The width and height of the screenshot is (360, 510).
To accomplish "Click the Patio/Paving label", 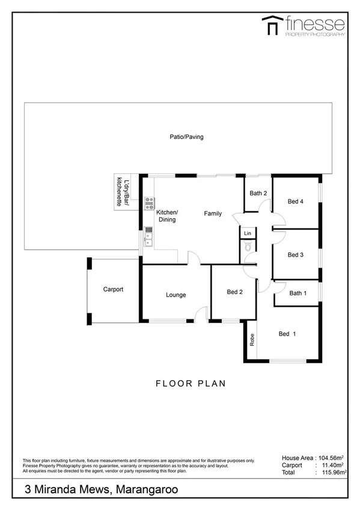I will [186, 137].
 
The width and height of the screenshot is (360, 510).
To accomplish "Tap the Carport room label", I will [113, 289].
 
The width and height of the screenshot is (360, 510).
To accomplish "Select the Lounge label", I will [176, 295].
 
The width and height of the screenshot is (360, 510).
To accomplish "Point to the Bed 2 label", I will [234, 292].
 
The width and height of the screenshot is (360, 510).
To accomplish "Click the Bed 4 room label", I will [295, 201].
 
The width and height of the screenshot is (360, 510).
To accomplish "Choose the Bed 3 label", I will [295, 255].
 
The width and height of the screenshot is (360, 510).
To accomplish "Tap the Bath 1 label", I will [297, 293].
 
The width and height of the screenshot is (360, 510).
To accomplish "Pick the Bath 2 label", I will [258, 193].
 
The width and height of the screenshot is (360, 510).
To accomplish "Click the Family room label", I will [212, 214].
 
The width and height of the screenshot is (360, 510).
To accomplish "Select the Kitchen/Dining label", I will [167, 217].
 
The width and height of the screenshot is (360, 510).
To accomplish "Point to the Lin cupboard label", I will [247, 232].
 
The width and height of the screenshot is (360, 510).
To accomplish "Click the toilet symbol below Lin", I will [247, 247].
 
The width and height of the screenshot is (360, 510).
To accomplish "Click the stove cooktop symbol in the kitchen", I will [148, 203].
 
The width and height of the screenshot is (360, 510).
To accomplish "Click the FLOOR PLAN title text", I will [190, 383].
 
